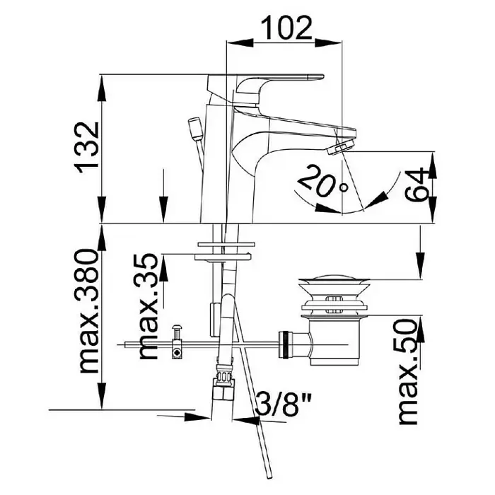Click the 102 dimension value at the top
coord(287,28)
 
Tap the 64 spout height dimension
coord(417,185)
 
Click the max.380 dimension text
coord(88,311)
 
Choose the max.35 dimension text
coord(148,306)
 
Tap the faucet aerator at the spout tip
coord(341,148)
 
